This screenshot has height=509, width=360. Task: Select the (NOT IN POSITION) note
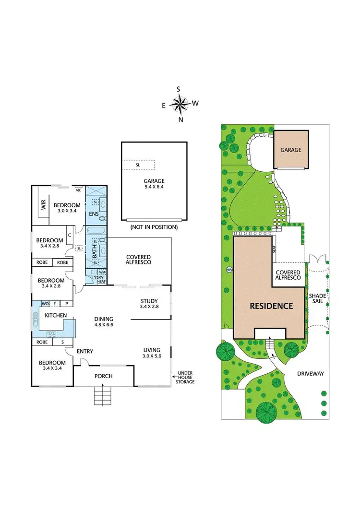[x=154, y=227]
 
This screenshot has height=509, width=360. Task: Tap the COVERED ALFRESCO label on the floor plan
[x=138, y=260]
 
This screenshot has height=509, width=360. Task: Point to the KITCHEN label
[x=55, y=315]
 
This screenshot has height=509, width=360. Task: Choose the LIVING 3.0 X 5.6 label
[x=152, y=353]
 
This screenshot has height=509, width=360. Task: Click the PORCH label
[x=103, y=376]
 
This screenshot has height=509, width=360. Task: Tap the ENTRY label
[x=85, y=352]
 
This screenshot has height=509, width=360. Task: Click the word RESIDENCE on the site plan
[x=271, y=306]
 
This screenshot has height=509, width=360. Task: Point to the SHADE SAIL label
[x=317, y=299]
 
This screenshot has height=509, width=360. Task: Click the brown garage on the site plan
[x=291, y=150]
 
